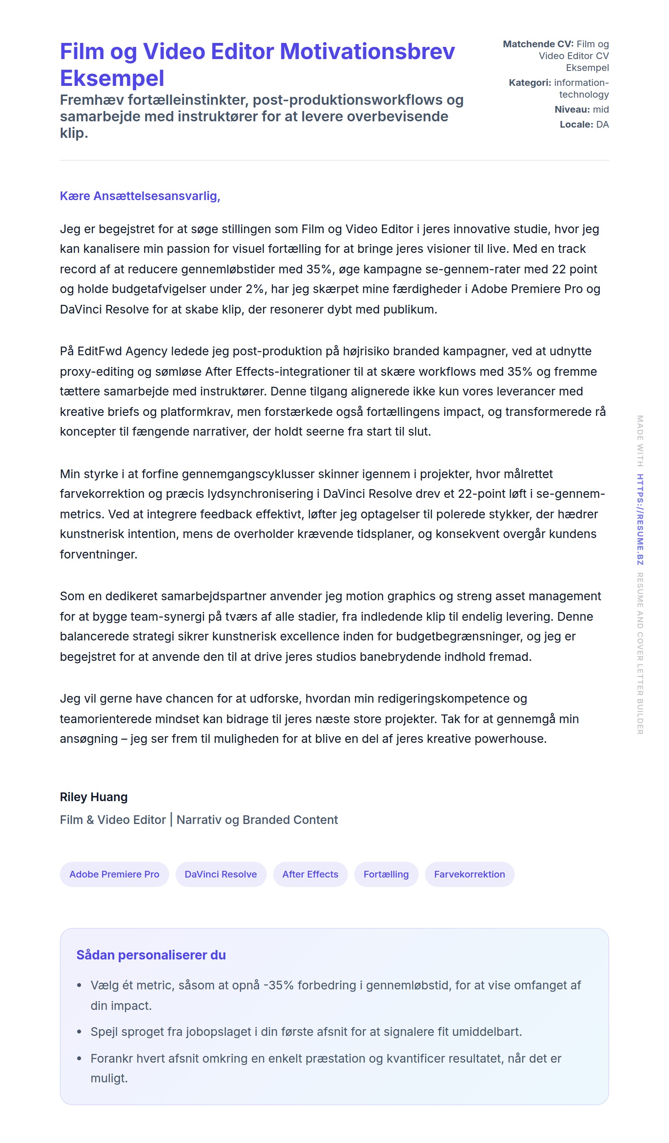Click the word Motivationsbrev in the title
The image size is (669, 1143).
(x=367, y=51)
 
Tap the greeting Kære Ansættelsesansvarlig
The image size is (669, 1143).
(x=140, y=196)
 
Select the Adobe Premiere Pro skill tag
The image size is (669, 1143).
(x=114, y=874)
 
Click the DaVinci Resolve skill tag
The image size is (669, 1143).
(x=221, y=874)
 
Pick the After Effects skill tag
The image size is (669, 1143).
(x=310, y=874)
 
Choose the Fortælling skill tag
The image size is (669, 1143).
(x=386, y=874)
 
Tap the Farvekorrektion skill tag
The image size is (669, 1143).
(x=469, y=874)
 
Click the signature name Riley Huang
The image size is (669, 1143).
(x=94, y=797)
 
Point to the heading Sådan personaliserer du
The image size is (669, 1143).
(x=151, y=955)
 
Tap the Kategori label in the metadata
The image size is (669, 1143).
(x=529, y=83)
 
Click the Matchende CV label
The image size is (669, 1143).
(x=538, y=44)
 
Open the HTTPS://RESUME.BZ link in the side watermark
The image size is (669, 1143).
(x=639, y=520)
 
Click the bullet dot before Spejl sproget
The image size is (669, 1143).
(x=79, y=1032)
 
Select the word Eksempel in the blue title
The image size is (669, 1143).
(x=112, y=78)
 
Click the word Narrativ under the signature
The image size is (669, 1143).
(x=198, y=820)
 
